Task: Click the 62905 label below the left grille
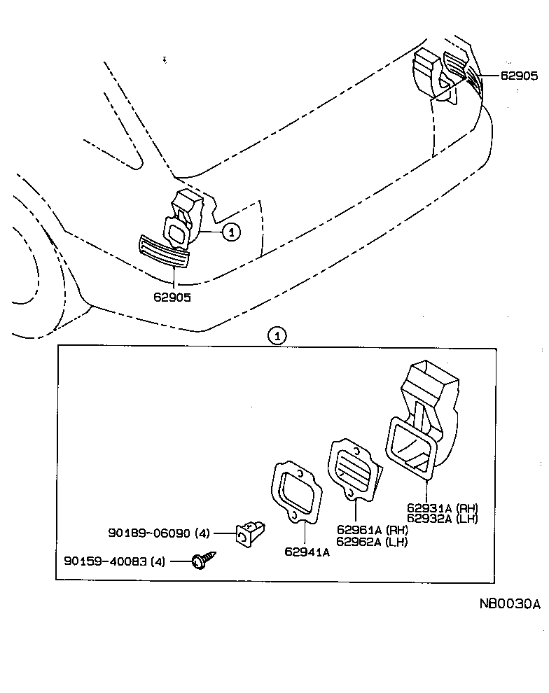pos(172,296)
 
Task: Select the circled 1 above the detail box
pos(277,337)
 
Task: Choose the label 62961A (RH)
pos(372,530)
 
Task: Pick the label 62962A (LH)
pos(371,540)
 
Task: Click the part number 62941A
pos(307,552)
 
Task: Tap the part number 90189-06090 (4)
pos(159,533)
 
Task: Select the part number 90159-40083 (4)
pos(115,561)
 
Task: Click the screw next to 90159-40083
pos(205,560)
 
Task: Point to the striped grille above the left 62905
pos(165,251)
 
